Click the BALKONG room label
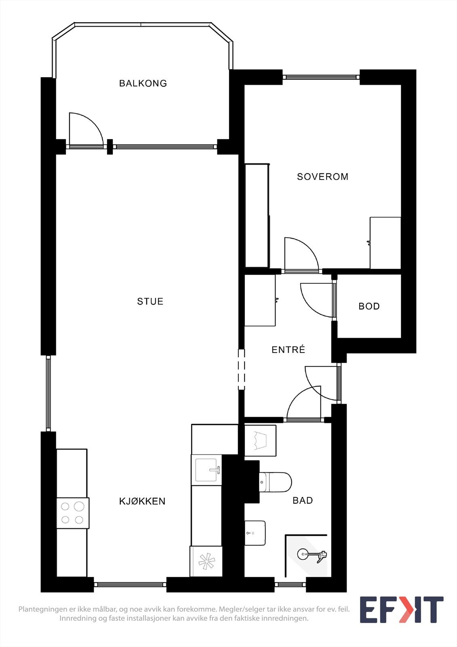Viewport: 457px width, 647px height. (x=143, y=83)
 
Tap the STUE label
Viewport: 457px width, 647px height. (x=150, y=302)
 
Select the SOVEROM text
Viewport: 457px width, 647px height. (x=322, y=177)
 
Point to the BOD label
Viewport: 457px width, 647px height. (x=369, y=306)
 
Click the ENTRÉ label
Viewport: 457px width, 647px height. (x=288, y=349)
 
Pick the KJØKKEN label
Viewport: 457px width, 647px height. (x=142, y=501)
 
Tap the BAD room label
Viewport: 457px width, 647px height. (x=303, y=500)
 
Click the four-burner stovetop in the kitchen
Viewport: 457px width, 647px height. (x=73, y=513)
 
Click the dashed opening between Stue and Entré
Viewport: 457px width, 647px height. (x=241, y=370)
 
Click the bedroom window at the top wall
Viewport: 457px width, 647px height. (x=321, y=77)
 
